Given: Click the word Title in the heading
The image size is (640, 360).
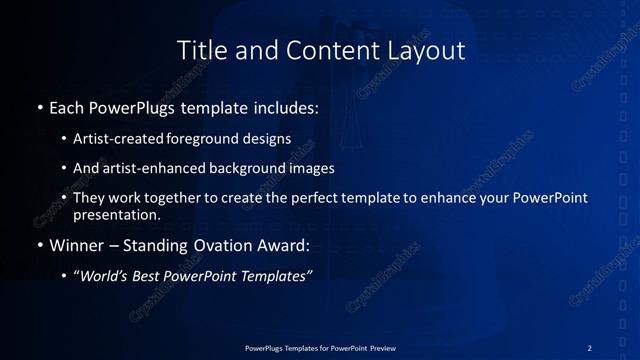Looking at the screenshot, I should pos(199,49).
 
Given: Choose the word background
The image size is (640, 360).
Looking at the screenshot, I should pos(246,168).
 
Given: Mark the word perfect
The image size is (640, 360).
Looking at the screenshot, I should pos(310,199).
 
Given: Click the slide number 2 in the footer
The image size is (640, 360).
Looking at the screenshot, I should pos(590,347).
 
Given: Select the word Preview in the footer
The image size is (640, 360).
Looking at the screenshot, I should pos(380,347).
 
